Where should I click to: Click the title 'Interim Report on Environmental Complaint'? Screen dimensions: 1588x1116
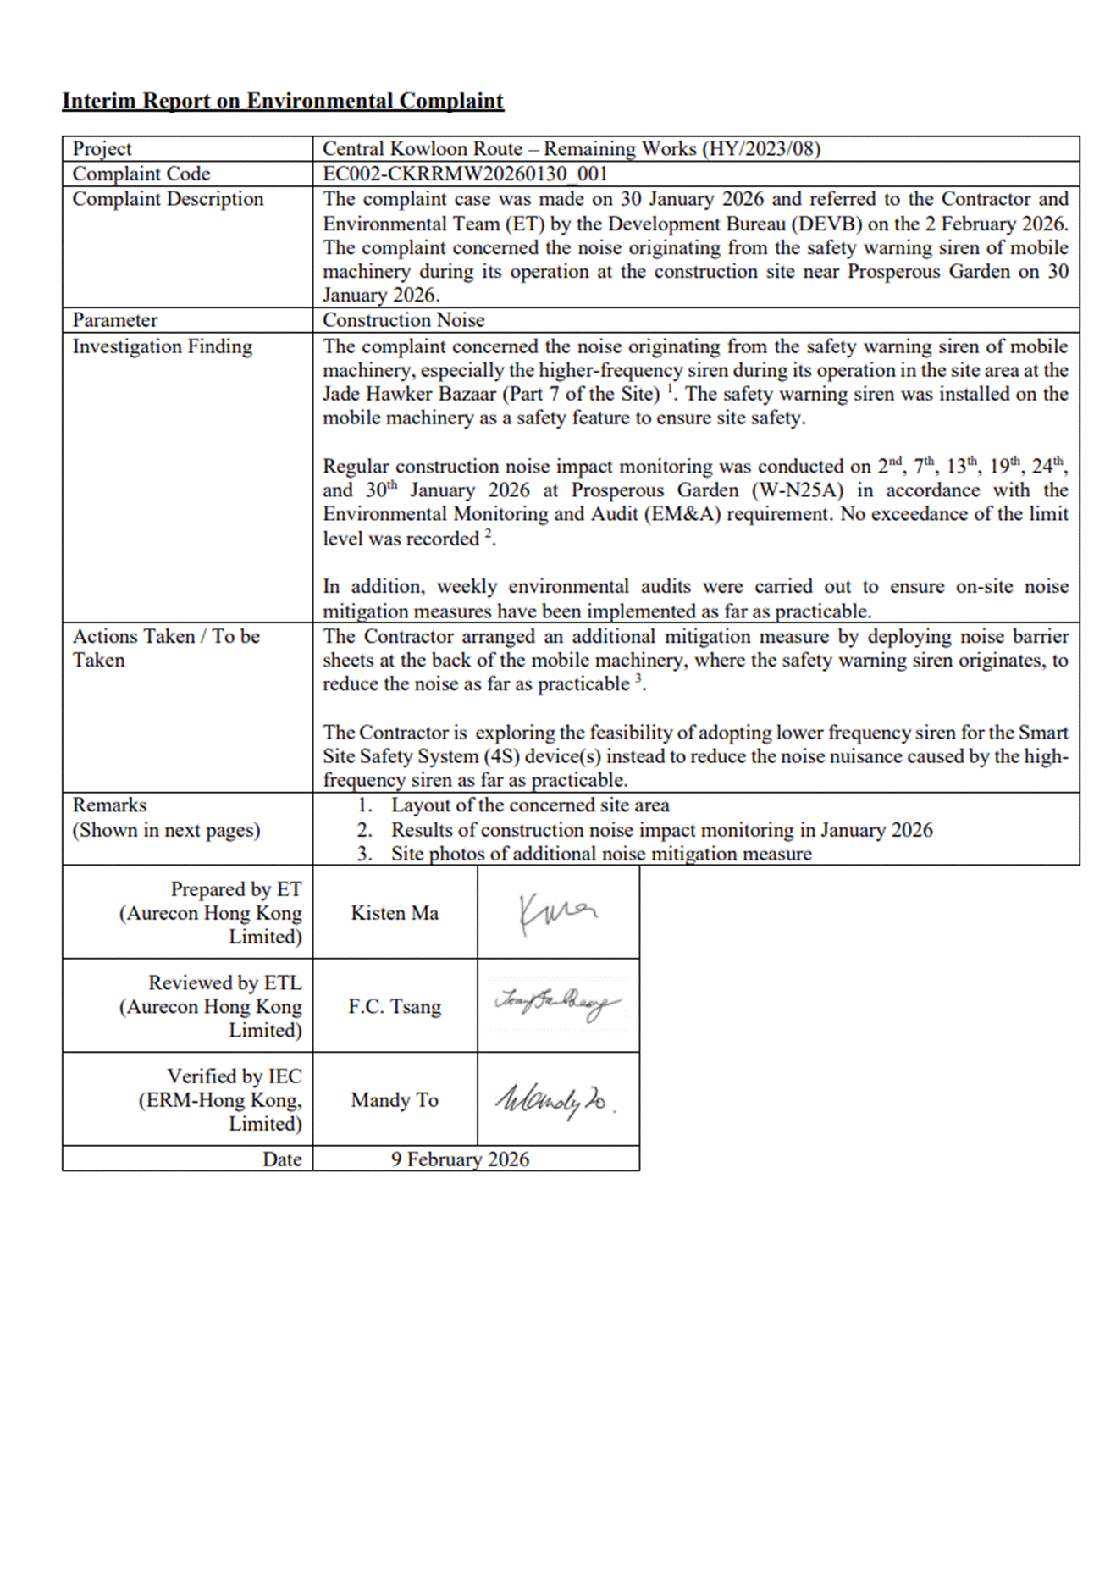coord(283,101)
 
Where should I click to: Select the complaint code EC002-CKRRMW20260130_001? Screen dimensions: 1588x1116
coord(465,174)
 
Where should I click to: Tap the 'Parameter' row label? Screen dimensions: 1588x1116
coord(114,320)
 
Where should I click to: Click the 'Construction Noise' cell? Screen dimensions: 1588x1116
coord(403,320)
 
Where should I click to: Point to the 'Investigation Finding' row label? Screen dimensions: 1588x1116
coord(162,346)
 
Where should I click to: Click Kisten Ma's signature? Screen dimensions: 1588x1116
coord(557,913)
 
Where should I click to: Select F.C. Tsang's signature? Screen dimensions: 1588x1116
coord(557,1004)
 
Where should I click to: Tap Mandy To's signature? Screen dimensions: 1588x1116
coord(555,1099)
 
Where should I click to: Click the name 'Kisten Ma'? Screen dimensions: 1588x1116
coord(395,913)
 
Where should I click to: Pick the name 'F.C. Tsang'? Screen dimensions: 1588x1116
coord(395,1007)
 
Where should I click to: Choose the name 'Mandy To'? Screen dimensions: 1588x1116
coord(395,1100)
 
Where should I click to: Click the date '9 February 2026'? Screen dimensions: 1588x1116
coord(460,1159)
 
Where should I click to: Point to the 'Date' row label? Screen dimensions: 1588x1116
coord(282,1159)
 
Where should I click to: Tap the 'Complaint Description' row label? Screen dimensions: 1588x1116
coord(168,199)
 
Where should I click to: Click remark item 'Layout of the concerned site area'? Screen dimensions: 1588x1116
coord(530,805)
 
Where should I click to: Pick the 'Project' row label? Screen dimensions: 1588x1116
coord(102,149)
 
